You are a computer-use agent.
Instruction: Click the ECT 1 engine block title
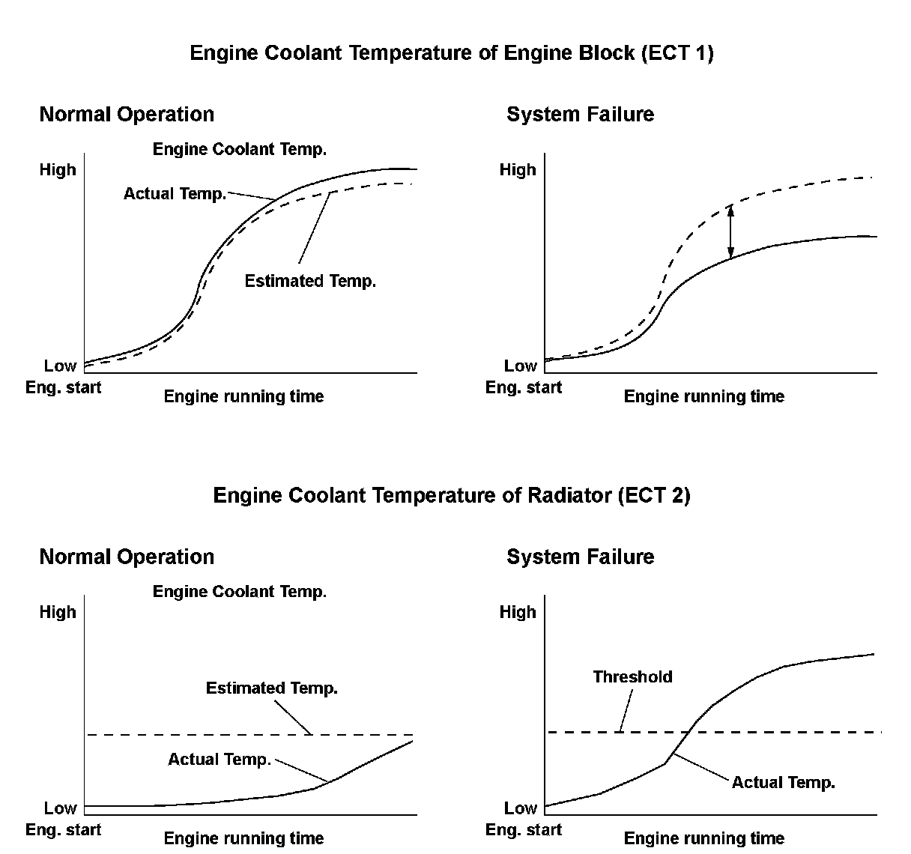451,53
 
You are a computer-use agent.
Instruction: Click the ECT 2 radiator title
451,495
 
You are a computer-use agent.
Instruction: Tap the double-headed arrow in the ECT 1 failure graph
731,231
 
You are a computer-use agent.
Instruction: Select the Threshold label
632,676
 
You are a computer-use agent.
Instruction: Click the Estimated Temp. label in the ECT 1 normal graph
310,281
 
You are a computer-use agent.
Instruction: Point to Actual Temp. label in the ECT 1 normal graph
175,193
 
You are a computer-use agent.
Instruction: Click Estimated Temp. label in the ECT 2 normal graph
271,688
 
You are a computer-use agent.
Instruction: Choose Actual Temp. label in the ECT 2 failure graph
783,782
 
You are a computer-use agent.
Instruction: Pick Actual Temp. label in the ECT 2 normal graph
219,759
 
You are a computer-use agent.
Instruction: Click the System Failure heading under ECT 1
580,115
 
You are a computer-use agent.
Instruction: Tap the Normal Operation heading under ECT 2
127,557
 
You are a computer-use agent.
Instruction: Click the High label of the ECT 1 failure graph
518,169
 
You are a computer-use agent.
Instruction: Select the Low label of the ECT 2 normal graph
60,808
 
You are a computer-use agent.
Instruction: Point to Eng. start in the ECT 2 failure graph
523,829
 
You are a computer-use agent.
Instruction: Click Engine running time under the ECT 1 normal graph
243,396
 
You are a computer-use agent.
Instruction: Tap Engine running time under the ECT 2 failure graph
703,838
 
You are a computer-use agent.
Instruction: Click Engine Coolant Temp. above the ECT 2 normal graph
239,591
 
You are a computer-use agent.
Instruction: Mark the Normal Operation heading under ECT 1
127,115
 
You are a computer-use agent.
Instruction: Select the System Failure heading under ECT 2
580,557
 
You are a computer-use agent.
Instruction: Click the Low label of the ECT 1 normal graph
60,366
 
